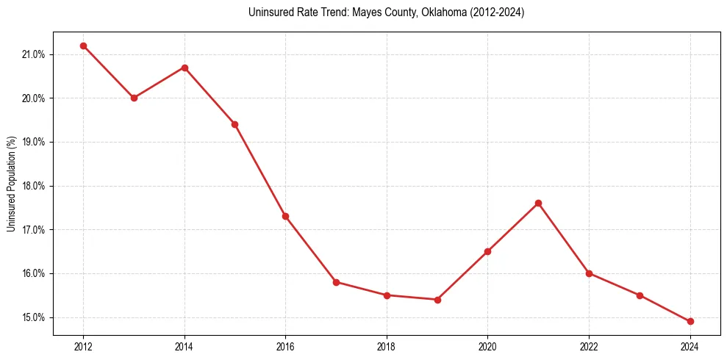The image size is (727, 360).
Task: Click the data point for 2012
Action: (83, 46)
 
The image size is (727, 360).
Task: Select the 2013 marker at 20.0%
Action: (134, 98)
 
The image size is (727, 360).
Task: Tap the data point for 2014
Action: (185, 68)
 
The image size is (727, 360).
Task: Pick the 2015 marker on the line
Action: (234, 124)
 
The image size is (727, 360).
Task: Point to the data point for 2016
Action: (285, 216)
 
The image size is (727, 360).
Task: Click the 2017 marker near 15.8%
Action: (336, 282)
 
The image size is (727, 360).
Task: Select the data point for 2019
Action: (437, 300)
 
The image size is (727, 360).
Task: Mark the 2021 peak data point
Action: (538, 203)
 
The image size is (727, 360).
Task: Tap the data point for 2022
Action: (589, 273)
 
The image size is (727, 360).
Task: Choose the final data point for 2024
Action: (690, 321)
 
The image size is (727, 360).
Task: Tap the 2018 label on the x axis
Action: (387, 346)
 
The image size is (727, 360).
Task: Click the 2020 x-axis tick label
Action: (487, 346)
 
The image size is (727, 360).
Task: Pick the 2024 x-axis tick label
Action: (690, 346)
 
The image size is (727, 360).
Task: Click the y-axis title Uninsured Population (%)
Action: (12, 184)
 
